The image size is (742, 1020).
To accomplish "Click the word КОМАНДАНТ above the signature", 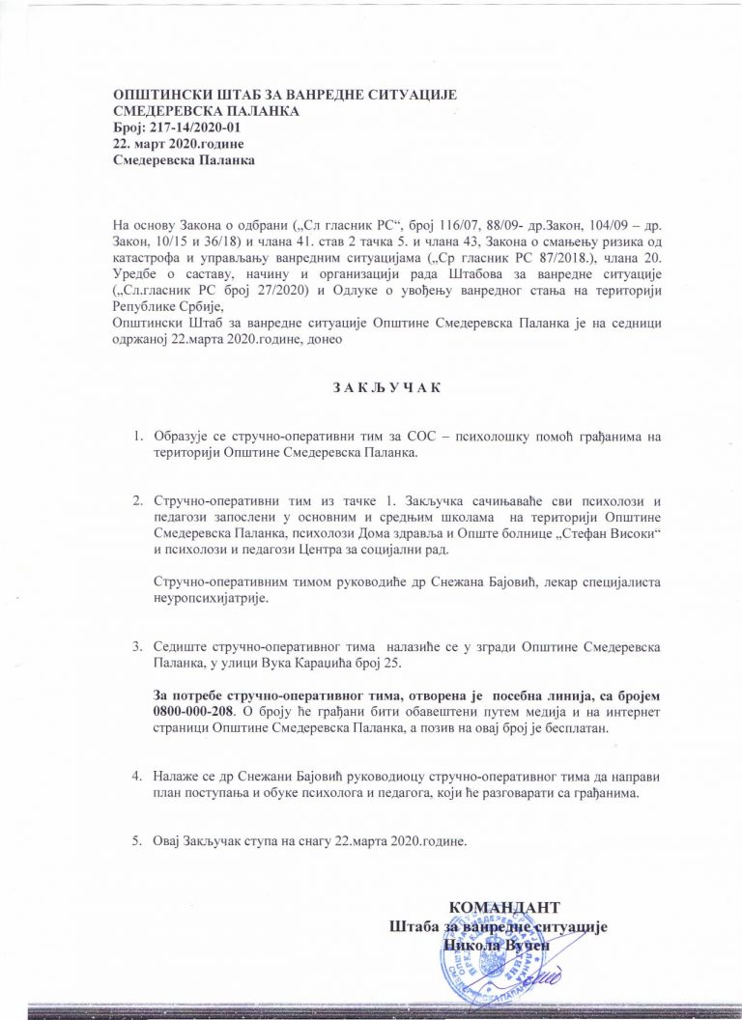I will (505, 908).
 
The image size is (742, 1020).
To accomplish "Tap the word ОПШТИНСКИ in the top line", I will (158, 96).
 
